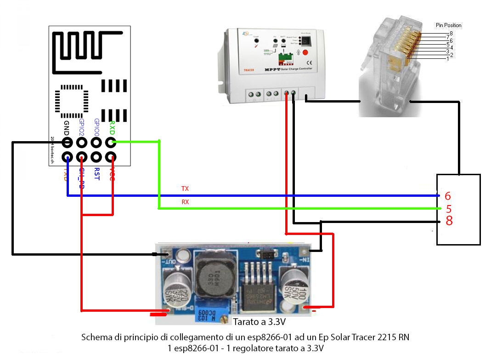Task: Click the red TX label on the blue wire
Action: click(x=185, y=189)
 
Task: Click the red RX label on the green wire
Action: click(x=185, y=201)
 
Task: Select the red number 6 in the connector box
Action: click(x=448, y=196)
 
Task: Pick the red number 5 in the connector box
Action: click(x=449, y=209)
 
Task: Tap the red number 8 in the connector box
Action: click(x=449, y=221)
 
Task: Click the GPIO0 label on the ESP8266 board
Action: click(x=96, y=127)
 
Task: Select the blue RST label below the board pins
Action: click(x=96, y=174)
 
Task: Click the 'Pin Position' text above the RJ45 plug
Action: click(x=448, y=25)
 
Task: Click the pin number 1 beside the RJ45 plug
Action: click(x=447, y=59)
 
